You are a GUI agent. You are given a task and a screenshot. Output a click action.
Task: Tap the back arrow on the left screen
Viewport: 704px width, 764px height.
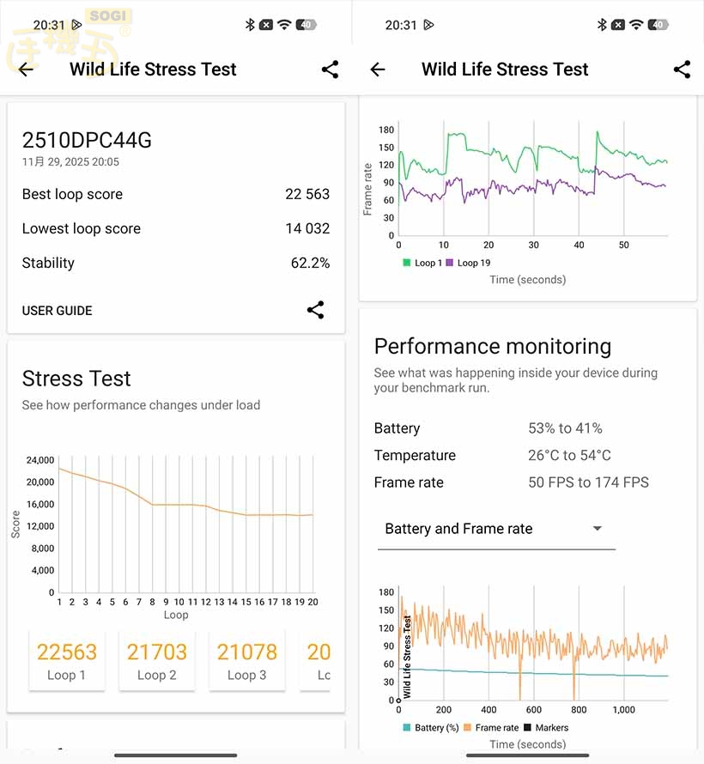pos(26,70)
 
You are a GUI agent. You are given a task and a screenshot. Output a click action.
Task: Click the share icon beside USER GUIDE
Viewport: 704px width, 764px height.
pos(315,310)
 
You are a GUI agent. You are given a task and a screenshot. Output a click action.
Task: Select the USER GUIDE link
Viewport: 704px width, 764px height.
pos(57,311)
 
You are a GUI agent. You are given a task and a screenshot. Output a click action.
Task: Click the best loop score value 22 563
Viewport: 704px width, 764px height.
pos(307,194)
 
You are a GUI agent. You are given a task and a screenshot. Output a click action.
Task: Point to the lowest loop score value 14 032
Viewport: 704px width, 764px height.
pos(307,228)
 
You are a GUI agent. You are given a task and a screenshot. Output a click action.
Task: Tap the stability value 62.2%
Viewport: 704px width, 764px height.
pos(310,263)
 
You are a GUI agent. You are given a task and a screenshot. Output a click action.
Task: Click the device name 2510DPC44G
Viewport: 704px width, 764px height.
pos(87,140)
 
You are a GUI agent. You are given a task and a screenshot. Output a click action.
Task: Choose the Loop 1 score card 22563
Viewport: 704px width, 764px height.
pos(67,660)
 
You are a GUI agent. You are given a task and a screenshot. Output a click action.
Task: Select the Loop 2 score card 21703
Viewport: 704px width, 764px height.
pos(157,660)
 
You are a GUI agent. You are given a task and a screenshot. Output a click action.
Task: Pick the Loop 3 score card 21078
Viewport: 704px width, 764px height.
pos(247,660)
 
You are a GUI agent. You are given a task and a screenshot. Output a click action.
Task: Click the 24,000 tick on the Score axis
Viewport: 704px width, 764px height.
pos(40,460)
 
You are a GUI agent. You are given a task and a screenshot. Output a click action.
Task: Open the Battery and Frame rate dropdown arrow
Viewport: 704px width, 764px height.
pos(598,529)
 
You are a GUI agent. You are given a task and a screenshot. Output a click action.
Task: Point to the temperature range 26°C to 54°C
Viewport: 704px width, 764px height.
pos(569,455)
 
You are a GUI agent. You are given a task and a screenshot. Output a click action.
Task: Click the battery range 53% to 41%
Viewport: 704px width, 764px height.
pos(565,428)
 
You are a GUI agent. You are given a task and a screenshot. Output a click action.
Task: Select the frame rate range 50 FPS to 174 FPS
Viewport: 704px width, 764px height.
pos(588,482)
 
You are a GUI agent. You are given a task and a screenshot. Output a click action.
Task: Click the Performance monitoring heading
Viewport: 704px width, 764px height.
pos(493,347)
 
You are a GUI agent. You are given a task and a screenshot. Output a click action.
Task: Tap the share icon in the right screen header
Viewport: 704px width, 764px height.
pos(682,70)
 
